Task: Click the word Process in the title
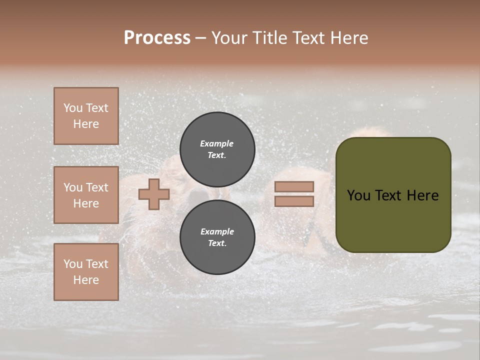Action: click(x=157, y=38)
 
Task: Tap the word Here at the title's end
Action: click(x=348, y=38)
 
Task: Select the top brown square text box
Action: click(x=86, y=116)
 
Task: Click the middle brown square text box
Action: click(x=86, y=195)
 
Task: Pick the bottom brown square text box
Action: click(x=86, y=272)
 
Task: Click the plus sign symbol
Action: click(x=154, y=194)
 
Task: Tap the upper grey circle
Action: click(x=217, y=149)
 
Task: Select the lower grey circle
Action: click(x=217, y=237)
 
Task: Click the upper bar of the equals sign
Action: click(x=294, y=186)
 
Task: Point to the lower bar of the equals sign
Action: click(x=294, y=201)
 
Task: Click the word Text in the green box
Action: click(x=389, y=195)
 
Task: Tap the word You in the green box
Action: click(x=358, y=195)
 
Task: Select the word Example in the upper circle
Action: click(x=217, y=143)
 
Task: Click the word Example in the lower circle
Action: click(x=217, y=231)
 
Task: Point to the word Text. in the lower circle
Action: click(x=217, y=243)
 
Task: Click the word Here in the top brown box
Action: click(x=86, y=124)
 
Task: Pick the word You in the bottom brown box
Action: click(x=73, y=264)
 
